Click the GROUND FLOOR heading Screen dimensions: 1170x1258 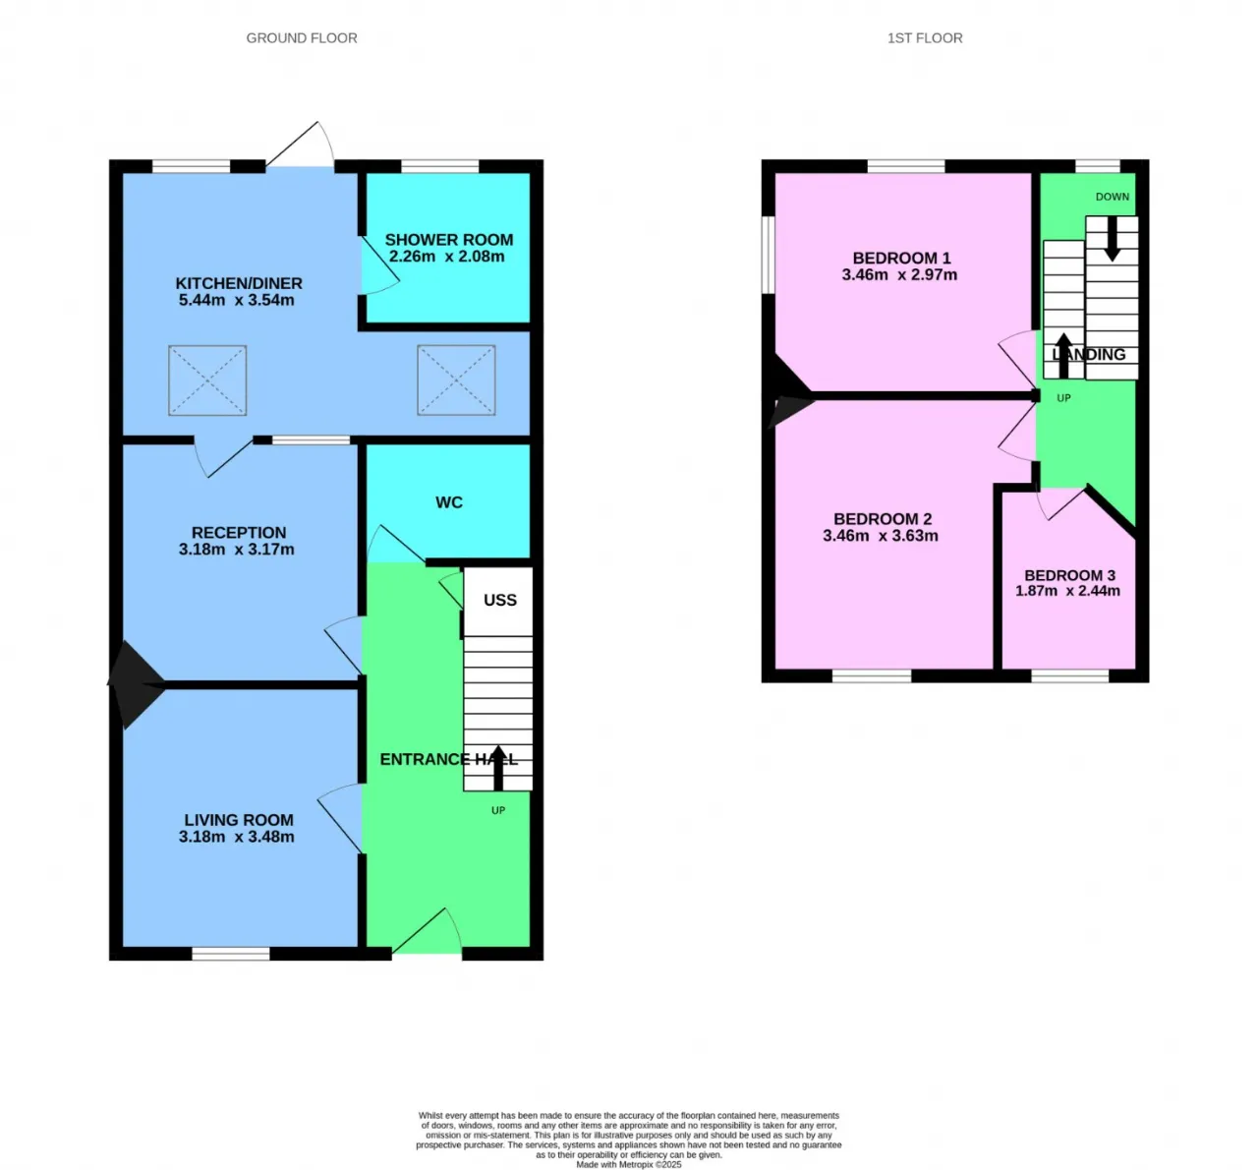point(302,38)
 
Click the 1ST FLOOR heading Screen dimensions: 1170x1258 point(925,38)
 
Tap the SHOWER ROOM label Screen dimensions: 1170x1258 point(448,239)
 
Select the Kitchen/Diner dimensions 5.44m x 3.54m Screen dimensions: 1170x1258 point(237,300)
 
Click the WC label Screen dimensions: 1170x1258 point(449,502)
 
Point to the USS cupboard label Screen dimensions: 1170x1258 point(499,600)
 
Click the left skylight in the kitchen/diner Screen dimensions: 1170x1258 point(207,380)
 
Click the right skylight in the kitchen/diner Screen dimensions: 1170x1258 point(456,380)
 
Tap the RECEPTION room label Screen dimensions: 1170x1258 point(239,532)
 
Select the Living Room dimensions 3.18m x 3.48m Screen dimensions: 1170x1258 point(237,837)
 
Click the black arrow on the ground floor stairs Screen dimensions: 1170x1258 point(498,767)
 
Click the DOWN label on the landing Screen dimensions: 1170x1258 point(1113,197)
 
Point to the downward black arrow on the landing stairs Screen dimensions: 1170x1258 point(1112,239)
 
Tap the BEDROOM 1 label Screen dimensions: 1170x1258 point(901,258)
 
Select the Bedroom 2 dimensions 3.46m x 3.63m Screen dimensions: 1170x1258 point(881,536)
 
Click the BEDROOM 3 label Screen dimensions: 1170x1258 point(1069,575)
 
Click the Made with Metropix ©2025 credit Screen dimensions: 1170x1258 point(629,1164)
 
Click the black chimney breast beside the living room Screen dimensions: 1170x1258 point(135,685)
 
